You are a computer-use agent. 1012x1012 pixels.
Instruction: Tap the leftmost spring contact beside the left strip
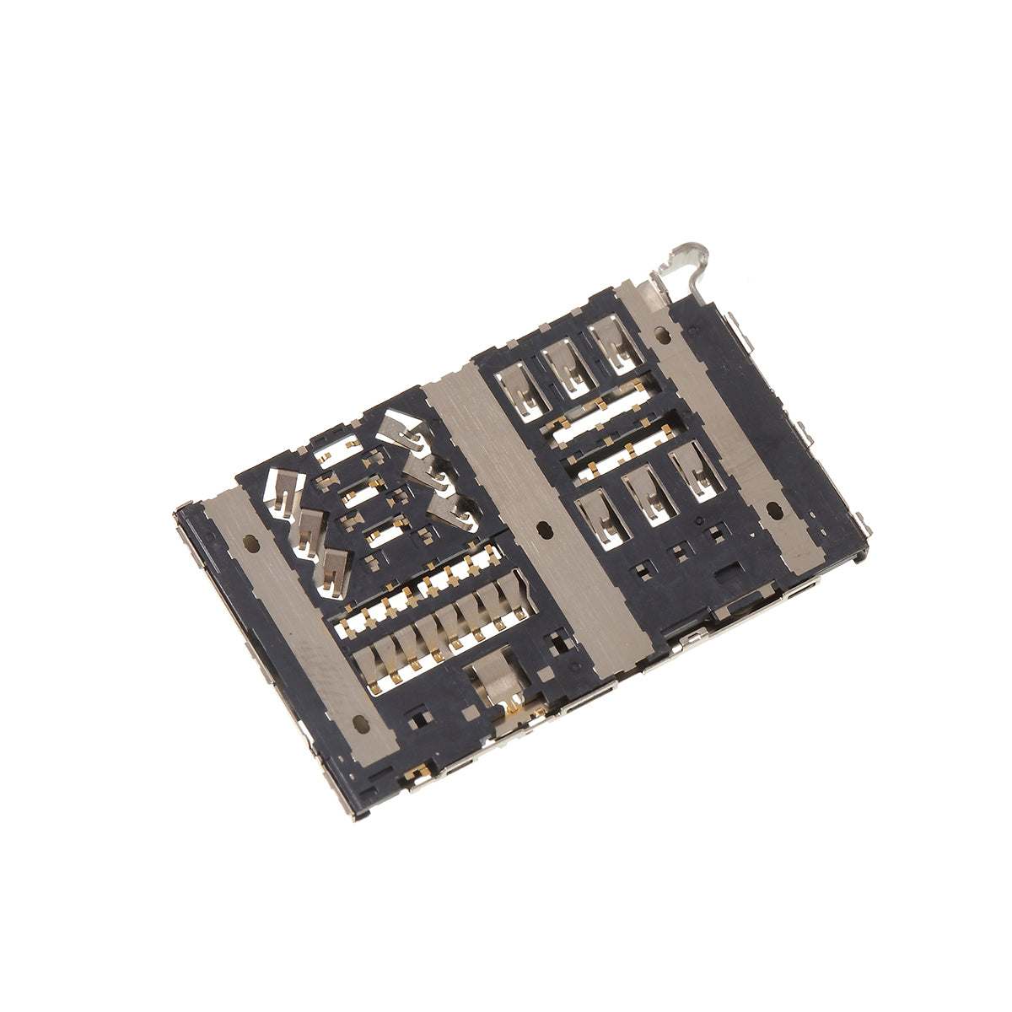pyautogui.click(x=277, y=492)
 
